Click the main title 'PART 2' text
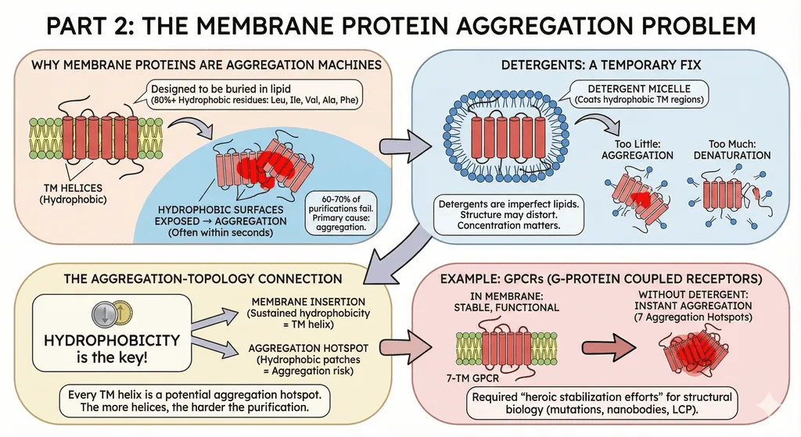tap(89, 26)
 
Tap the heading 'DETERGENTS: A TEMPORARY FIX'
tap(601, 65)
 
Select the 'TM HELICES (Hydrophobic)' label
tap(73, 194)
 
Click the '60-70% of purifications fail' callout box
tap(341, 213)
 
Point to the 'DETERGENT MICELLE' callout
tap(639, 94)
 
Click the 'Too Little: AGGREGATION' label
tap(637, 149)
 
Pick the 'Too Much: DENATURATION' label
tap(732, 149)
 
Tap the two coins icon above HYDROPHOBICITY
tap(112, 313)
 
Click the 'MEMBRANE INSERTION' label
tap(308, 313)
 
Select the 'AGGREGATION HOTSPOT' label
tap(308, 360)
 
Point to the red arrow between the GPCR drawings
tap(609, 348)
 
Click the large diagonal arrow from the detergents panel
tap(402, 254)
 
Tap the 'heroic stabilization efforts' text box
tap(602, 403)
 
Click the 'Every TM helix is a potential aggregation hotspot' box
tap(195, 401)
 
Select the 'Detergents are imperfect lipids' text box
tap(508, 214)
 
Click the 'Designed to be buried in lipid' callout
tap(254, 94)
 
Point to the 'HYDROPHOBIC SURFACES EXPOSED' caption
tap(221, 221)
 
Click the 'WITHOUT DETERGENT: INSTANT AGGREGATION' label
tap(693, 306)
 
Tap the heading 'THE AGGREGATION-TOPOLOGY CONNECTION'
tap(203, 279)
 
